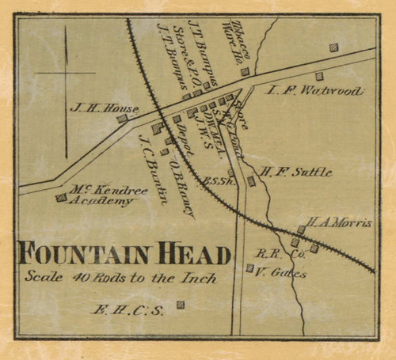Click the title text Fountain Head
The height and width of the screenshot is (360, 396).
click(124, 255)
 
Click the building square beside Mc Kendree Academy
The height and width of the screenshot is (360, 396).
click(61, 198)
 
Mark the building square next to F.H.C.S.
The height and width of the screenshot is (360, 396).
click(181, 304)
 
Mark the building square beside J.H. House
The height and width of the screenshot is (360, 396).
click(122, 119)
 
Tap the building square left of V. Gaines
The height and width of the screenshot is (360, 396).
click(249, 268)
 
